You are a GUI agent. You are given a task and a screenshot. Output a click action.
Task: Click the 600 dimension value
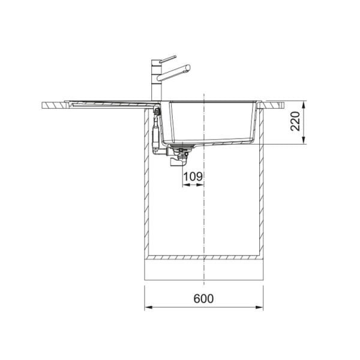click(x=203, y=298)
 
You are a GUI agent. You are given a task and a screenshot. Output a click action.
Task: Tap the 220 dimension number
click(x=295, y=121)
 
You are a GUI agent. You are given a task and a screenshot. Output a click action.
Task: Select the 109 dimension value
click(x=193, y=176)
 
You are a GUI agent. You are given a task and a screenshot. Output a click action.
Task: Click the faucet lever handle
click(x=168, y=59)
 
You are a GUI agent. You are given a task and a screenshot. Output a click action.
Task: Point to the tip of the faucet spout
click(x=188, y=67)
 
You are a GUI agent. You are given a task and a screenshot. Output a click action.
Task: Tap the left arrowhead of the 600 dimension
click(x=149, y=307)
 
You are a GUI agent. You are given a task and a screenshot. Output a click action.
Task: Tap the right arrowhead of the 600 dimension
click(x=259, y=307)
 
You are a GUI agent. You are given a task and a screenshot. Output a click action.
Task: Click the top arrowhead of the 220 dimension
click(x=304, y=105)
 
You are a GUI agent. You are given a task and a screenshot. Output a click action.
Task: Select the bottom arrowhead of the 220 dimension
click(x=304, y=140)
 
